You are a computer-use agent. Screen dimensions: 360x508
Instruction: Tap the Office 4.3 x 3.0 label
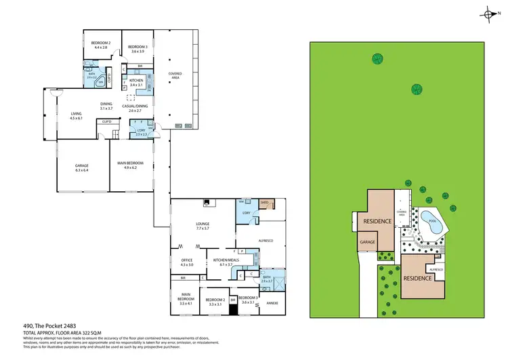[x=187, y=262]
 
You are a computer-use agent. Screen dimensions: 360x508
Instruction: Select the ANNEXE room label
[x=273, y=303]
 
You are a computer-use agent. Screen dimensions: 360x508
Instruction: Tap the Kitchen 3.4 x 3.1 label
[x=137, y=83]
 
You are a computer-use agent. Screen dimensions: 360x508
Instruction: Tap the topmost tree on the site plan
[x=376, y=59]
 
